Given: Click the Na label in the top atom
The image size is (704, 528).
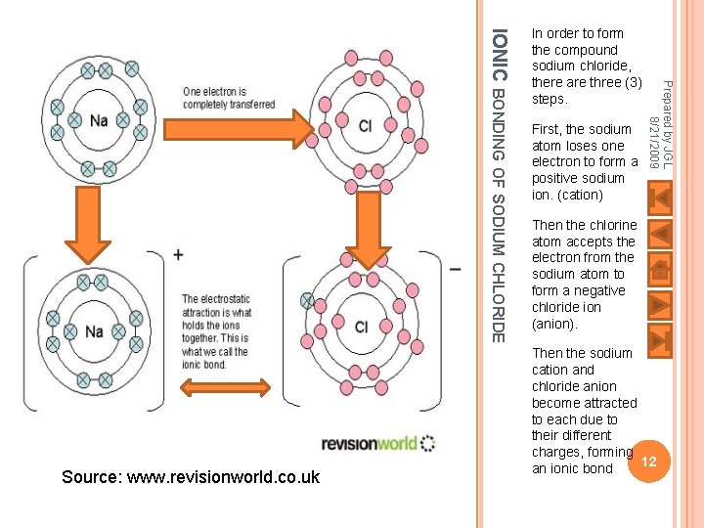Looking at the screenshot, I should coord(99,121).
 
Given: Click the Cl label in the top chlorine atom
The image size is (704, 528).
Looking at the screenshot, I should coord(366,126).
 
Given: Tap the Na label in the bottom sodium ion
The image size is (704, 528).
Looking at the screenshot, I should coord(94,330).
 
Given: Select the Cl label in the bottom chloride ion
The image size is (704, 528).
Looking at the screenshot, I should coord(361,328).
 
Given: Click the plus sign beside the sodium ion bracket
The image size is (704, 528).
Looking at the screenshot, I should coord(178,255).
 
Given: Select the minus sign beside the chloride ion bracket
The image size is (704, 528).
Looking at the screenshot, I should coord(456,271).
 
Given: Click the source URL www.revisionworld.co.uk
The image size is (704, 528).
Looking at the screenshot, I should coord(190,477).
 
